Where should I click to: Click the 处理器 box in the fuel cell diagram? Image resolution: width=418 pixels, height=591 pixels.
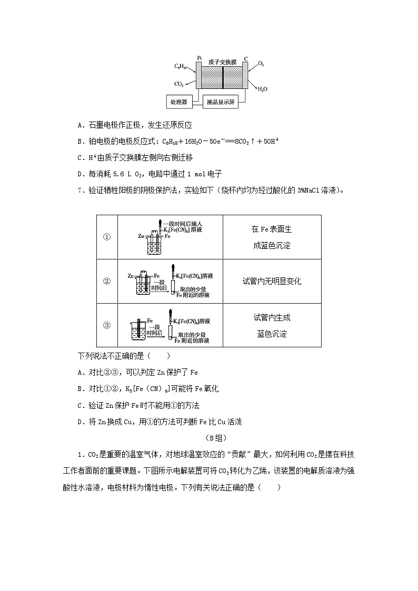coord(180,102)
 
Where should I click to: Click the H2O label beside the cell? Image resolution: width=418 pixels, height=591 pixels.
coord(262,89)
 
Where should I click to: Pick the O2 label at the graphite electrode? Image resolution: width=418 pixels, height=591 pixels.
coord(261,64)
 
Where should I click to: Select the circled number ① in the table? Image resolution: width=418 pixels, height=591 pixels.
coord(107,237)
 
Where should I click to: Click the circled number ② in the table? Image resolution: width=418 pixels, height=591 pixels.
coord(107,281)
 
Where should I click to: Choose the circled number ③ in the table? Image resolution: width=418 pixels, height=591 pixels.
coord(107,325)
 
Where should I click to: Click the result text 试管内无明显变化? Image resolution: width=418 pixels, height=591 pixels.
coord(272,281)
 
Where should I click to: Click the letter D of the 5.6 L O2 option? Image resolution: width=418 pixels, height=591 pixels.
coord(79,173)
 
